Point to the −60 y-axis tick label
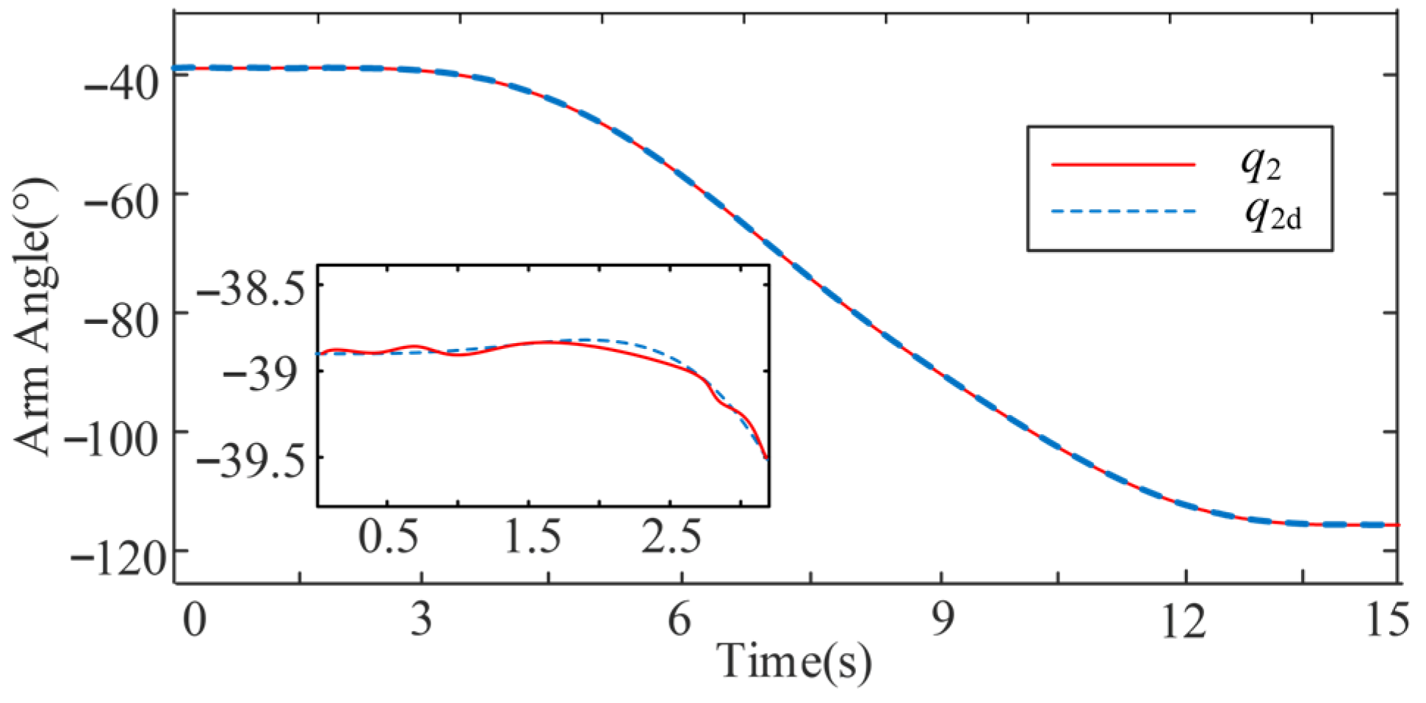coord(121,202)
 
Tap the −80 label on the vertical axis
coord(121,321)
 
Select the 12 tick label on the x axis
coord(1184,621)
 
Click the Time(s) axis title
coord(794,660)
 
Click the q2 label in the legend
coord(1261,165)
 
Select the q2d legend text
coord(1272,214)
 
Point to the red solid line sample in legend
coord(1123,165)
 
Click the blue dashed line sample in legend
coord(1123,212)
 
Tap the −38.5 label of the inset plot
coord(251,291)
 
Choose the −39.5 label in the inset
coord(251,463)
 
